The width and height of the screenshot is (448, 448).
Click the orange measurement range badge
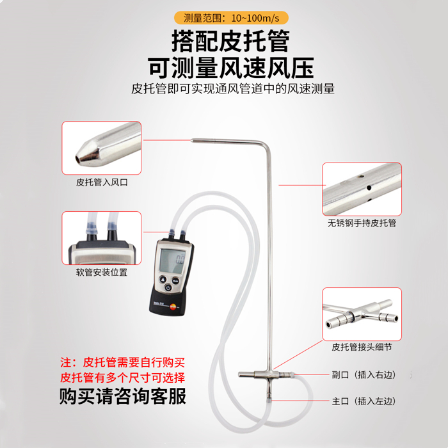coord(231,18)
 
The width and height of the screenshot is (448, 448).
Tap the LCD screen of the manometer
coord(172,260)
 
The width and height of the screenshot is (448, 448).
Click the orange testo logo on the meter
coord(173,307)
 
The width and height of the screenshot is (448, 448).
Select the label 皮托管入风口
coord(102,182)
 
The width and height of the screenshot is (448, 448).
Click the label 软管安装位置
coord(102,272)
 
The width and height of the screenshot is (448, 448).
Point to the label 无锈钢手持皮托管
coord(362,223)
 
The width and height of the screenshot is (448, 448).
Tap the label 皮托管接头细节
coord(362,347)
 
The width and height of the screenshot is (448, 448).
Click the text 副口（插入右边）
coord(364,374)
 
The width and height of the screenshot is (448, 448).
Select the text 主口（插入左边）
coord(364,401)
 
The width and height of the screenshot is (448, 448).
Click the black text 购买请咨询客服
coord(123,396)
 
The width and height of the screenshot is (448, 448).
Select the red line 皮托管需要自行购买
coord(123,363)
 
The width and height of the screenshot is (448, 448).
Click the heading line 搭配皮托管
coord(231,41)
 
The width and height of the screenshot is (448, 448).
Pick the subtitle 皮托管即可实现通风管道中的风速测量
coord(233,89)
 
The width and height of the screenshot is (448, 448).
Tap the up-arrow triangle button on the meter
coord(163,280)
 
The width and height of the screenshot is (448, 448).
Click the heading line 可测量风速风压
coord(231,68)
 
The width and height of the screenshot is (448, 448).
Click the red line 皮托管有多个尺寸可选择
coord(123,378)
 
